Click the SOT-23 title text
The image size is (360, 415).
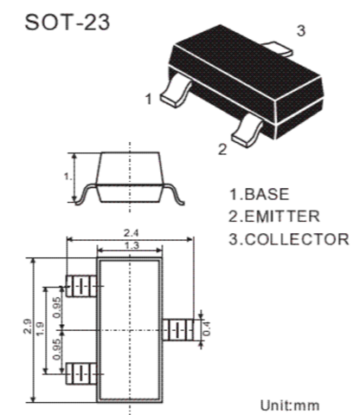(67, 23)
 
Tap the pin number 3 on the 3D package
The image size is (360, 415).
(301, 30)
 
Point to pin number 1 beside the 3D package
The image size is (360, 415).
(149, 99)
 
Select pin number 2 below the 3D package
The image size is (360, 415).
(222, 149)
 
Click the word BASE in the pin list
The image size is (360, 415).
(267, 194)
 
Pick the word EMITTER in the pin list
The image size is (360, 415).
(282, 217)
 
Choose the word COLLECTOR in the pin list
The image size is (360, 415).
(297, 239)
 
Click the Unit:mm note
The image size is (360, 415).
(290, 405)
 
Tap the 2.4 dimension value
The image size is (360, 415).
(131, 233)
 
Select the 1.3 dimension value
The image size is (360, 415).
(132, 246)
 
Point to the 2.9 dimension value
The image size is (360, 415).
(28, 327)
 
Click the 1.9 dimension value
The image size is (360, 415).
(40, 328)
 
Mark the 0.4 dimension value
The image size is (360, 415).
(207, 328)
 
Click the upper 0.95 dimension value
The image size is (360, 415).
(57, 307)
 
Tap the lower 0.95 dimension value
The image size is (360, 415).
(57, 349)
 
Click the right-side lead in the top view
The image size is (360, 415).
(178, 329)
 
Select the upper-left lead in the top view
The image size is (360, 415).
(81, 286)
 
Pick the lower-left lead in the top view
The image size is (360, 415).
(81, 374)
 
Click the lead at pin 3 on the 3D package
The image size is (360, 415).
(277, 49)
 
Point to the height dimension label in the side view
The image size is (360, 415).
(68, 177)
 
